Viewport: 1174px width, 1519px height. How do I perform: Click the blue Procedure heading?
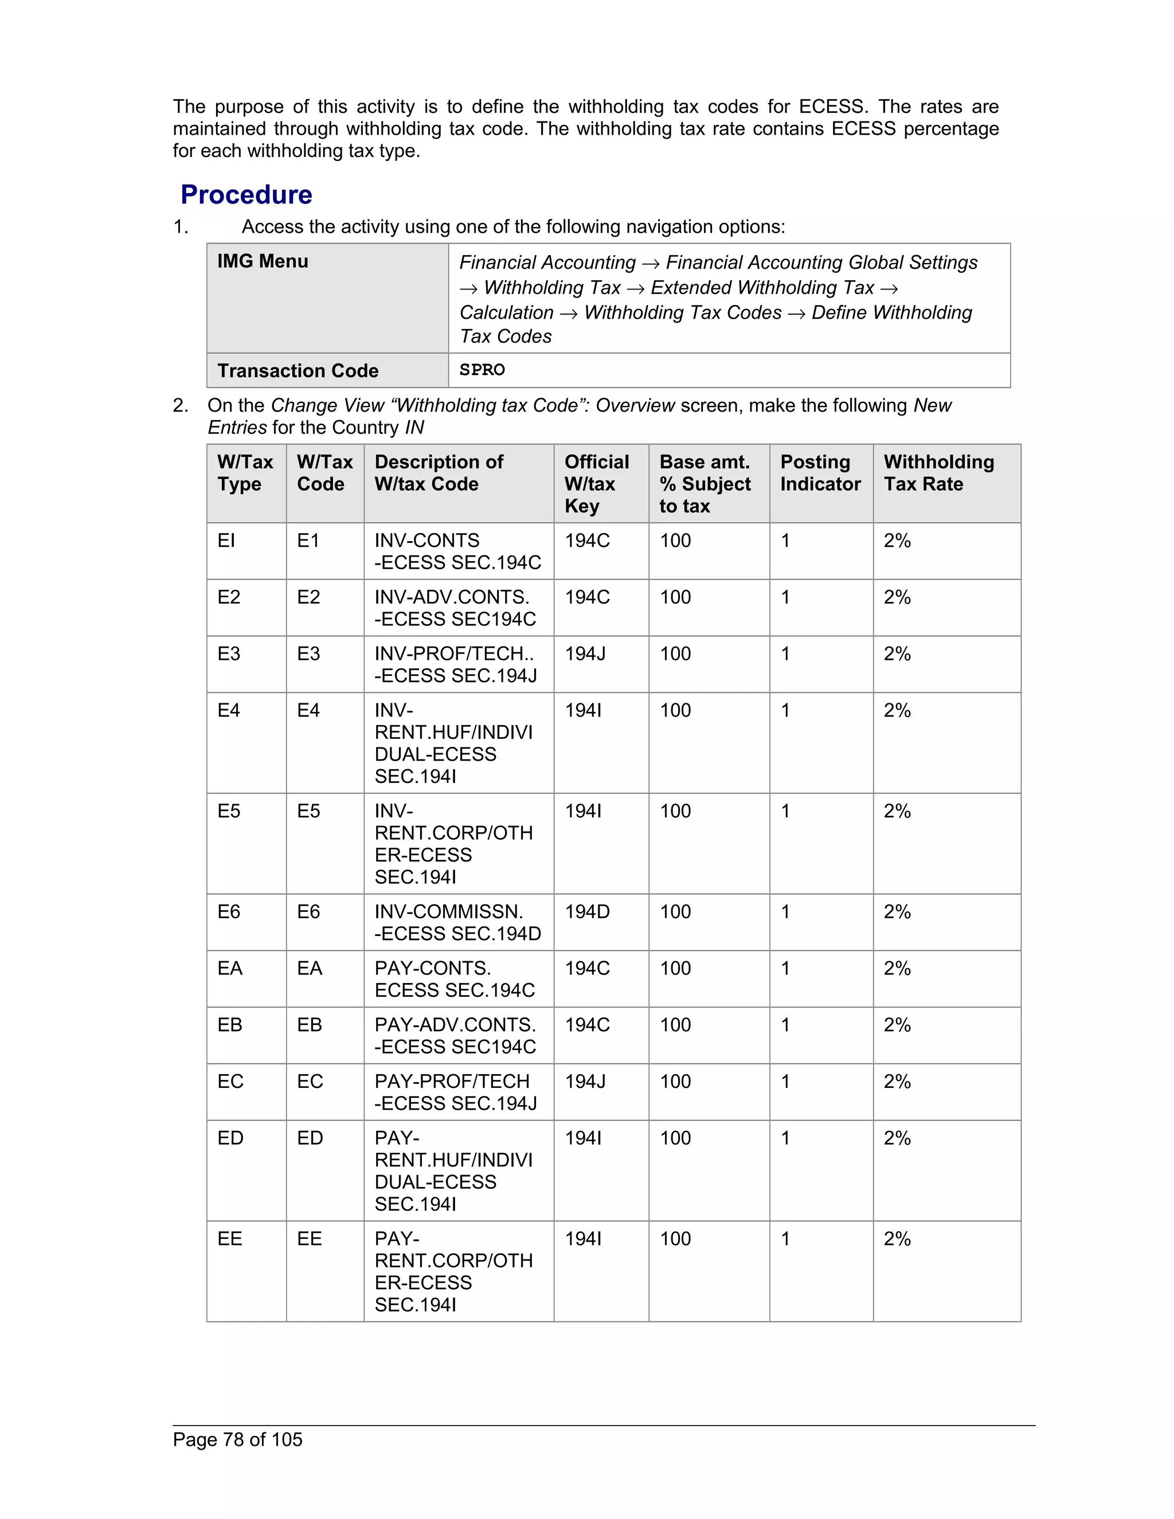[246, 195]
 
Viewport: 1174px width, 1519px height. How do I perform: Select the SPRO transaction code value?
[482, 370]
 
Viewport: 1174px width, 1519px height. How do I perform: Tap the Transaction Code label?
[298, 371]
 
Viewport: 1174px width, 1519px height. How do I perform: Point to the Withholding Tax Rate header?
[938, 473]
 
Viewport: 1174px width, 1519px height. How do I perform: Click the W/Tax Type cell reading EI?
[227, 541]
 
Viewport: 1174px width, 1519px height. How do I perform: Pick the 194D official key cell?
[587, 912]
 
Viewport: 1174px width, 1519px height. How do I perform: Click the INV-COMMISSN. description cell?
[457, 922]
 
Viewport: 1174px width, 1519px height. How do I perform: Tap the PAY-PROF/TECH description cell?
[456, 1092]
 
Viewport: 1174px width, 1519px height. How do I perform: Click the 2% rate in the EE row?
[897, 1239]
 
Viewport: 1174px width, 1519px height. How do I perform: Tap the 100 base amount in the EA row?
[675, 968]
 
